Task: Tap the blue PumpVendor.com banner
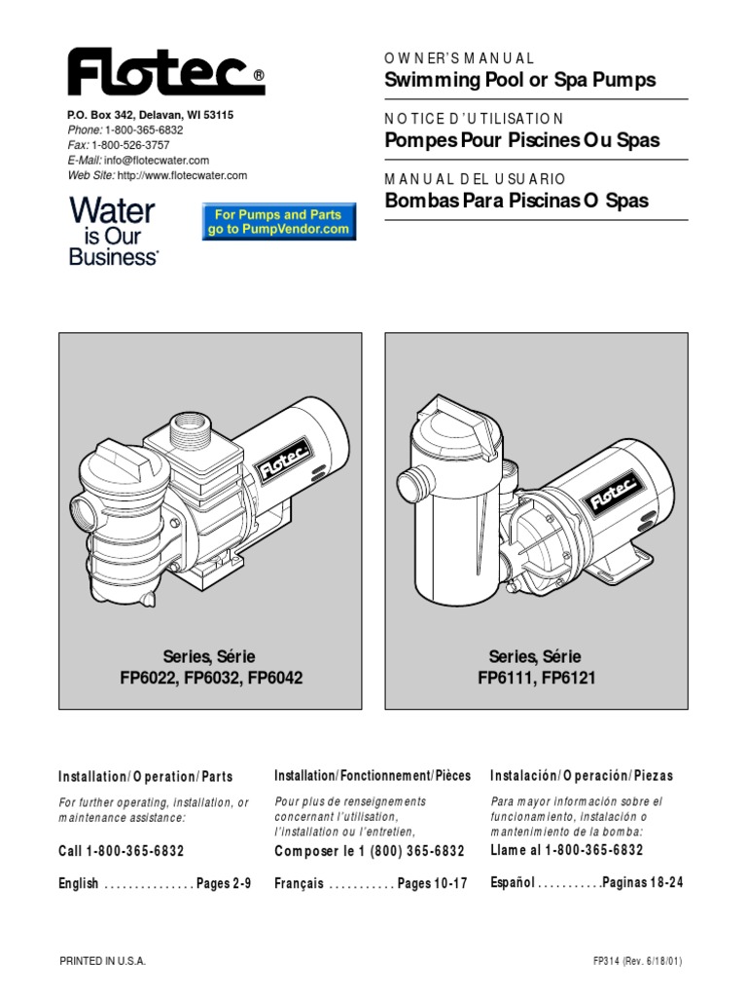(x=278, y=222)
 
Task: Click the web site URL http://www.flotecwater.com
(x=182, y=175)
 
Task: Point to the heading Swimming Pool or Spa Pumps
(x=520, y=80)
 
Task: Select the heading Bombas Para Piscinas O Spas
(x=516, y=201)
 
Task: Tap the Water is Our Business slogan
(x=113, y=232)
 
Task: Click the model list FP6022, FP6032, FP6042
(x=211, y=677)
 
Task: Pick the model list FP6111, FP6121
(x=538, y=677)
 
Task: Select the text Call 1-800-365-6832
(x=122, y=850)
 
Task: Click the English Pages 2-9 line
(x=155, y=883)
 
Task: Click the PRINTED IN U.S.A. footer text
(x=103, y=960)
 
